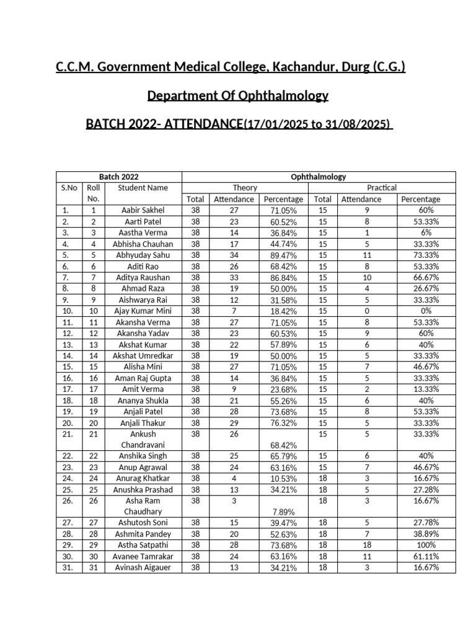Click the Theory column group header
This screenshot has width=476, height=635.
pos(245,188)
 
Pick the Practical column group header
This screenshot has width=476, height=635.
pos(382,188)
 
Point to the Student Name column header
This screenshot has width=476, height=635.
pos(143,188)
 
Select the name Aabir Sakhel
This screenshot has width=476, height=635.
pos(143,211)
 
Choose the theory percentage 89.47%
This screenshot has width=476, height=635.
pos(283,255)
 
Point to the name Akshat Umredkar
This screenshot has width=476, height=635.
pos(143,356)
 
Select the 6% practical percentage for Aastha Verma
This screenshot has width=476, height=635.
pos(421,233)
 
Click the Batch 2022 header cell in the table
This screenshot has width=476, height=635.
pos(119,177)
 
